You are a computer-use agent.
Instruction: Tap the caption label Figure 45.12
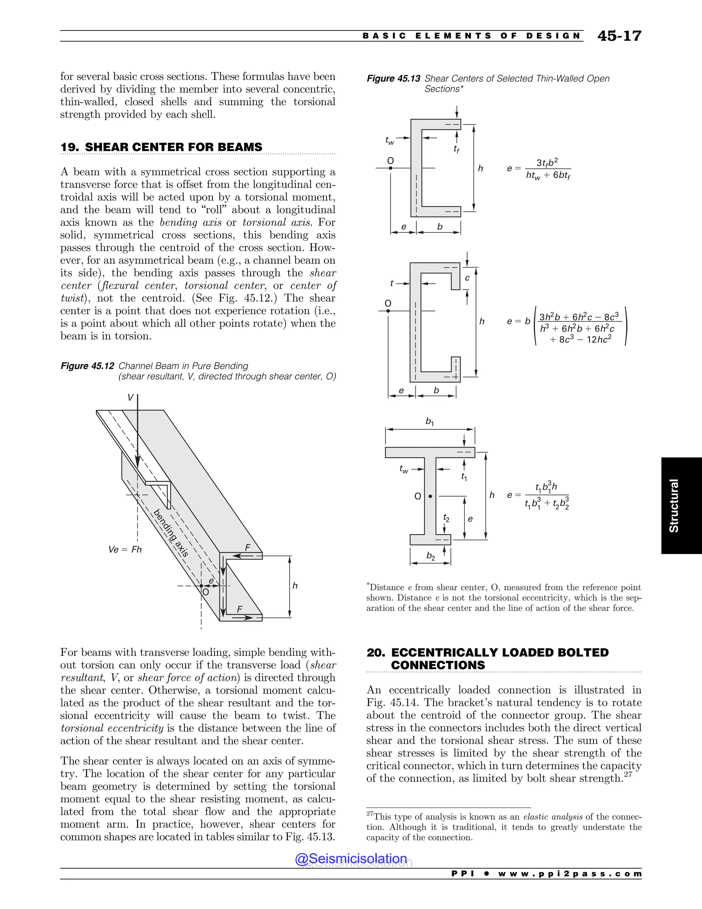point(87,366)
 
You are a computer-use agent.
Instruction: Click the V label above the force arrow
point(130,398)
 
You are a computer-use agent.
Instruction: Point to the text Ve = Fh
point(125,550)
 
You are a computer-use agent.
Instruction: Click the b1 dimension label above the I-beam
point(429,422)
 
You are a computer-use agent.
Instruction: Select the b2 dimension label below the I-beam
point(431,556)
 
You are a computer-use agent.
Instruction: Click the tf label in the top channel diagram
point(456,149)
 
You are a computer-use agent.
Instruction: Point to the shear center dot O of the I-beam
point(430,496)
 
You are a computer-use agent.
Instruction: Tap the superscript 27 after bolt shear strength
point(628,775)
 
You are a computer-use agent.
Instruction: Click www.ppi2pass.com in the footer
point(569,874)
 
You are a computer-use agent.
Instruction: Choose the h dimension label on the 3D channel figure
point(295,586)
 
